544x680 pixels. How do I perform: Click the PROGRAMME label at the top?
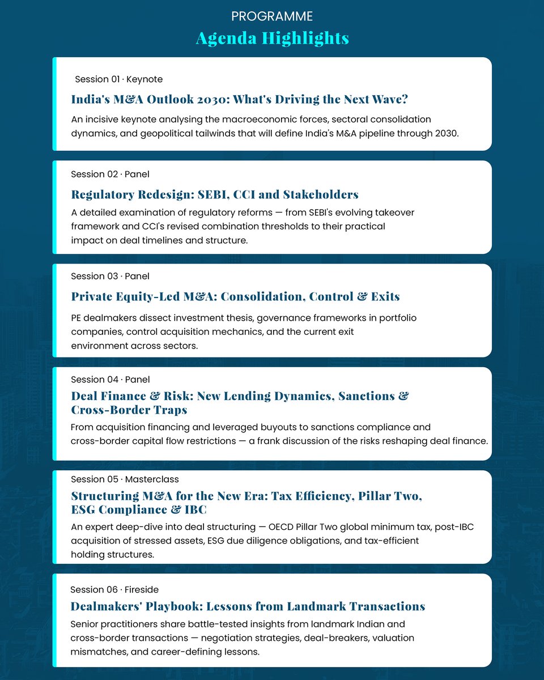pos(272,16)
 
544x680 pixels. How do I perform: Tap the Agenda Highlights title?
pos(272,38)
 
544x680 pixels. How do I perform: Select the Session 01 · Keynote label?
pos(118,79)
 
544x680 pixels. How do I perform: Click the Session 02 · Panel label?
pos(110,174)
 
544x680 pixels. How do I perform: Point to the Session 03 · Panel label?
pos(110,276)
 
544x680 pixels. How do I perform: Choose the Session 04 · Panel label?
pos(110,379)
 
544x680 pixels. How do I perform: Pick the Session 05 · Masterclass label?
pos(125,479)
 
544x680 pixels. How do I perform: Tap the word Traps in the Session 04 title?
pos(169,409)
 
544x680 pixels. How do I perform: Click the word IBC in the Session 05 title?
pos(195,509)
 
